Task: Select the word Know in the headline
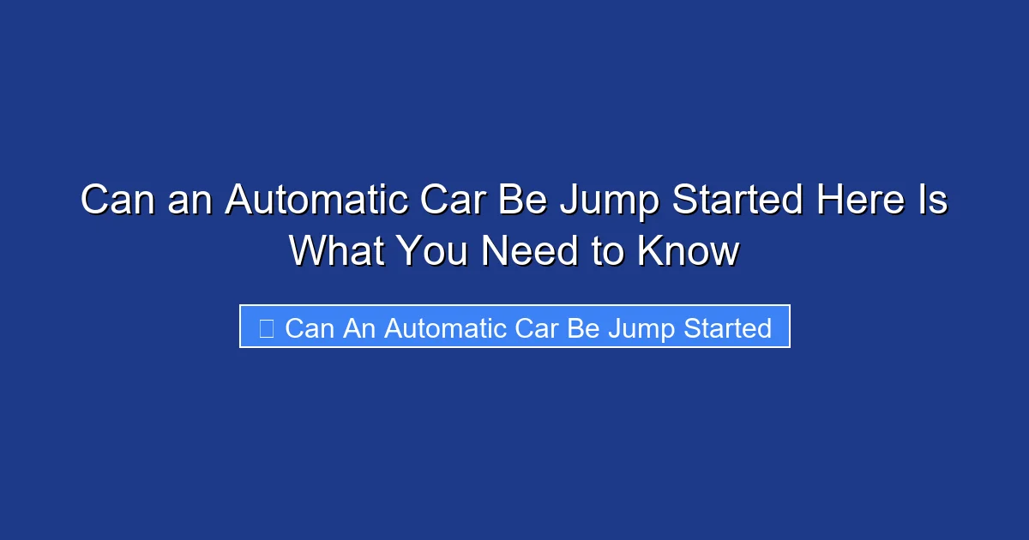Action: (689, 251)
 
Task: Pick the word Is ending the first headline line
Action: (934, 201)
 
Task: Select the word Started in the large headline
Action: (737, 201)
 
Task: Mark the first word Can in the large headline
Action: (119, 201)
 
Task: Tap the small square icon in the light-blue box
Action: (267, 327)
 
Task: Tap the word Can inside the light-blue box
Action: (310, 327)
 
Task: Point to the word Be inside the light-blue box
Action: (583, 327)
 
